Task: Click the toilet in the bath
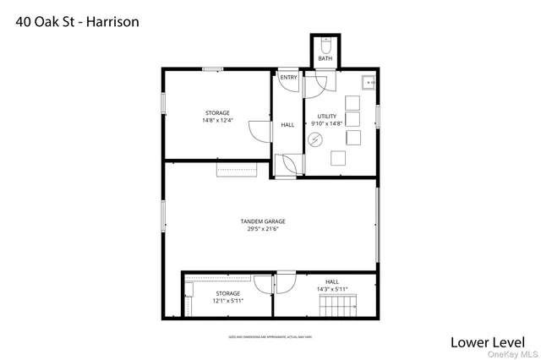325,49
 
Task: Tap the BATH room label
325,58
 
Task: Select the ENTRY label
289,78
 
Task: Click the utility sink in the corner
369,82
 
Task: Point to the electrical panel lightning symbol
315,140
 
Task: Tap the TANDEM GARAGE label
269,221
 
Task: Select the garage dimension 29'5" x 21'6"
269,229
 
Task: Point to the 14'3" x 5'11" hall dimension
332,289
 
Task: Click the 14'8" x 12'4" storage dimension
217,120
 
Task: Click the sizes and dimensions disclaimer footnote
269,336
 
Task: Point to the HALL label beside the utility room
287,125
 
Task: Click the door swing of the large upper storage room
253,130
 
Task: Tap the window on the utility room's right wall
377,116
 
